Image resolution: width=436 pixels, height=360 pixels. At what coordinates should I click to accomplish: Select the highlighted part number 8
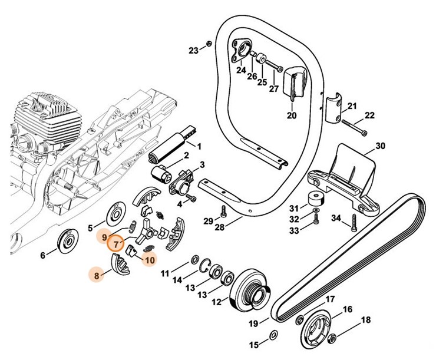click(94, 273)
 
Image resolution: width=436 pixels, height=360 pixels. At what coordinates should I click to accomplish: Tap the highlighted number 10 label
click(150, 259)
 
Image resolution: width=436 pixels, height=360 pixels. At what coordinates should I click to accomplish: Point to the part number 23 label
click(194, 51)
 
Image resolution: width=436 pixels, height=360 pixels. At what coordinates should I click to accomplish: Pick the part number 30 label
click(379, 146)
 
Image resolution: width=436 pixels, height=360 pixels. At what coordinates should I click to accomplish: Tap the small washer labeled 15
click(273, 335)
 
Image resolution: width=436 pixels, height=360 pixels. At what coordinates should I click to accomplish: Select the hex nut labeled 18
click(332, 337)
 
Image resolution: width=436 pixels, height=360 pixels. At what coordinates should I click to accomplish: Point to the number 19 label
click(254, 323)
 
